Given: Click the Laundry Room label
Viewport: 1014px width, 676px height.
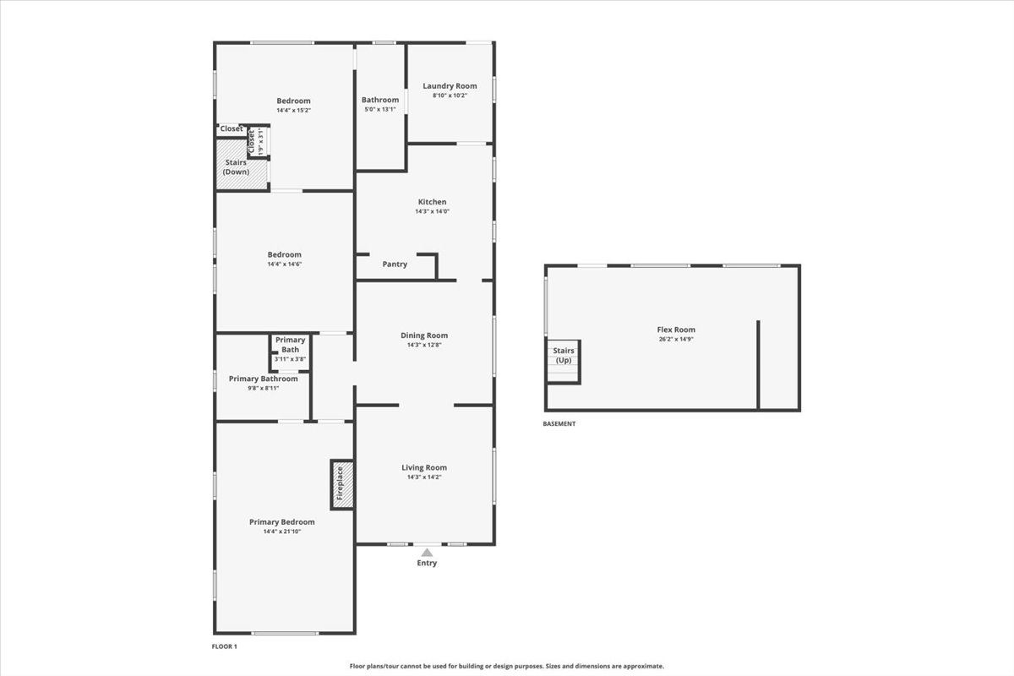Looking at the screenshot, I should [450, 85].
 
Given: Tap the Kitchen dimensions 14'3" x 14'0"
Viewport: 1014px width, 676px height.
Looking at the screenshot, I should [432, 211].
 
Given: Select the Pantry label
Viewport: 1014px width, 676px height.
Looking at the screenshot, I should [395, 264].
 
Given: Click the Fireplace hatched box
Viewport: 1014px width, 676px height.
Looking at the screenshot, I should [341, 485].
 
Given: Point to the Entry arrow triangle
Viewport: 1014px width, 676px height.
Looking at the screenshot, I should [427, 553].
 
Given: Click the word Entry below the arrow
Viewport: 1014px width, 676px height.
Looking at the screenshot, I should [427, 563].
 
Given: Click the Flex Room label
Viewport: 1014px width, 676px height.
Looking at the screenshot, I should [676, 330].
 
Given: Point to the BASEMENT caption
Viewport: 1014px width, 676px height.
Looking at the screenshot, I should [559, 424].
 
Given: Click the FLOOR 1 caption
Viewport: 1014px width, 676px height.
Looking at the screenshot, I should [225, 646].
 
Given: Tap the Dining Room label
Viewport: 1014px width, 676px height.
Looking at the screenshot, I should [424, 335].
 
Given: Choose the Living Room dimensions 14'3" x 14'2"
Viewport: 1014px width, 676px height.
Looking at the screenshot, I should [424, 477].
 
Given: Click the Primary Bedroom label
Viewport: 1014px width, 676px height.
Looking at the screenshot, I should [282, 522].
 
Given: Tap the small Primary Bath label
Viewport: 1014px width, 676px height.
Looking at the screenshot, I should [290, 345].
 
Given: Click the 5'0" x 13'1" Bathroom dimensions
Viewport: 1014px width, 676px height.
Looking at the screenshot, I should [380, 109].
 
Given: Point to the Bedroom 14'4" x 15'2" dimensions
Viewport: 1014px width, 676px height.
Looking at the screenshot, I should [293, 111].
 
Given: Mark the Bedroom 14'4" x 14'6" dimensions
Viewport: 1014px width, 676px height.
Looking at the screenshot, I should [284, 264].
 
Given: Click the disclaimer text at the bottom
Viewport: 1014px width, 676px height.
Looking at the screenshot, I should [507, 666].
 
